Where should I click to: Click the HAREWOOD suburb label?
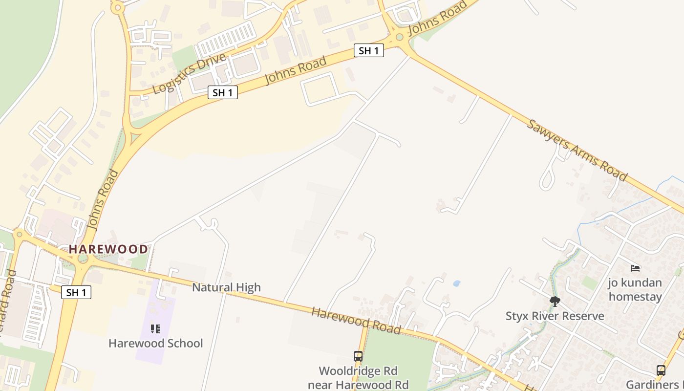pos(108,249)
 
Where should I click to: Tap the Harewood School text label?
pos(155,343)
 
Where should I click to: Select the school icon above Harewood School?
pos(155,329)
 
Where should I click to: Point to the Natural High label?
pos(226,287)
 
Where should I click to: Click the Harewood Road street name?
pos(356,321)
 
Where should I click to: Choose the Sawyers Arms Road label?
pos(577,149)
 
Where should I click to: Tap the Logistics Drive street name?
pos(189,73)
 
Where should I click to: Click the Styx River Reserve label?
pos(555,316)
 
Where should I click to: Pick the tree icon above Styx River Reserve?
pos(555,301)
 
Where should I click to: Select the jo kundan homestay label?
pos(635,289)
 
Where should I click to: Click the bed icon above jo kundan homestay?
pos(635,268)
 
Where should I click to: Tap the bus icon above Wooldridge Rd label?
pos(358,356)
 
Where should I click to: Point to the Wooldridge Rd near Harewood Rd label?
pos(358,378)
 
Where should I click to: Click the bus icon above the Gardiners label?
pos(661,370)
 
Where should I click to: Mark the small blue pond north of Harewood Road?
pos(456,283)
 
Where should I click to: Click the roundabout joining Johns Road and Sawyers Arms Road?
pos(400,37)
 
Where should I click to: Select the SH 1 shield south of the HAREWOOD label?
pos(76,292)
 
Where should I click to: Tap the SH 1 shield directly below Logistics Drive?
pos(223,92)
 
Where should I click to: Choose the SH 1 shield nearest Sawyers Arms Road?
pos(368,50)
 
